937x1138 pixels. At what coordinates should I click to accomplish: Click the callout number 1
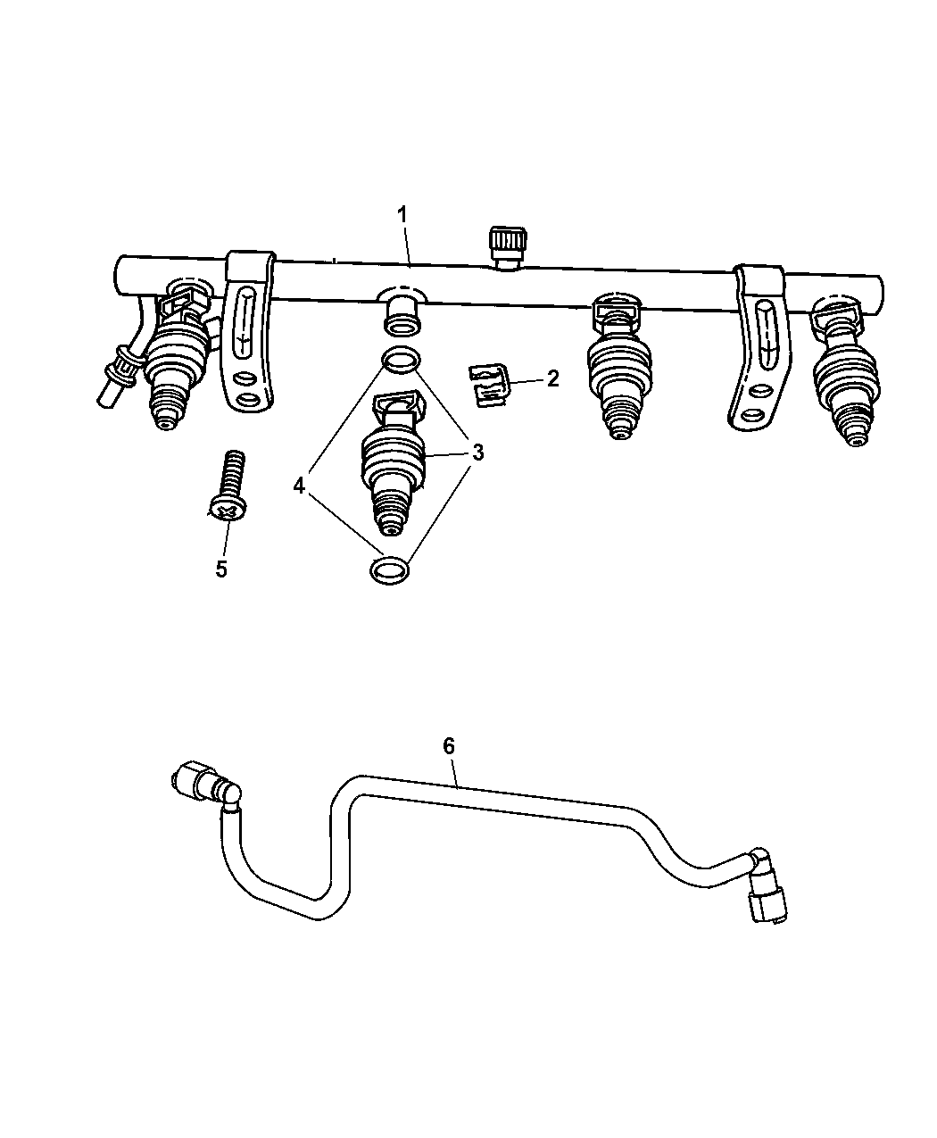[402, 215]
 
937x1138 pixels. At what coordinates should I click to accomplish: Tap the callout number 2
[552, 378]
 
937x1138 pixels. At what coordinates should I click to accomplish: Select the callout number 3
[478, 452]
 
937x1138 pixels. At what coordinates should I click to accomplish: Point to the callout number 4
[299, 485]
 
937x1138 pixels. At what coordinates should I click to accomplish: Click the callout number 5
[221, 569]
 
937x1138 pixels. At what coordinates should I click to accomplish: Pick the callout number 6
[449, 746]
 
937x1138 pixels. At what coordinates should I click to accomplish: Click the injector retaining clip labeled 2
[488, 386]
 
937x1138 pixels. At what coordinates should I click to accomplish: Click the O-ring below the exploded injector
[390, 570]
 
